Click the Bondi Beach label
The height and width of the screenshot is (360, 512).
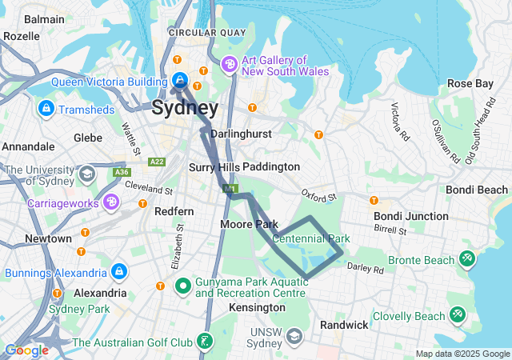[476, 190]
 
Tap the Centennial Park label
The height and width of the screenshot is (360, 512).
[311, 238]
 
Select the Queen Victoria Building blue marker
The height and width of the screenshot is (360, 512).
[180, 80]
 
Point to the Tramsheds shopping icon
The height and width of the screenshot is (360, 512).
[45, 107]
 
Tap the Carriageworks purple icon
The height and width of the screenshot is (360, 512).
[111, 202]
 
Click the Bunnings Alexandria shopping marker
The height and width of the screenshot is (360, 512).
[119, 271]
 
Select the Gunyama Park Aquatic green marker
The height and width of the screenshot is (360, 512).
[182, 286]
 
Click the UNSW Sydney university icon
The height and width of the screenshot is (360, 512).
[294, 335]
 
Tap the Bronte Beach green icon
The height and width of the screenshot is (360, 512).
[467, 260]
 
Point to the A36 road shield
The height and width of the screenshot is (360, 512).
[122, 172]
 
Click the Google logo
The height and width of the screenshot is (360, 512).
[26, 350]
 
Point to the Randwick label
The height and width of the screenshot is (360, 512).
[344, 325]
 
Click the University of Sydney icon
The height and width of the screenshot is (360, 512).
[86, 174]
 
